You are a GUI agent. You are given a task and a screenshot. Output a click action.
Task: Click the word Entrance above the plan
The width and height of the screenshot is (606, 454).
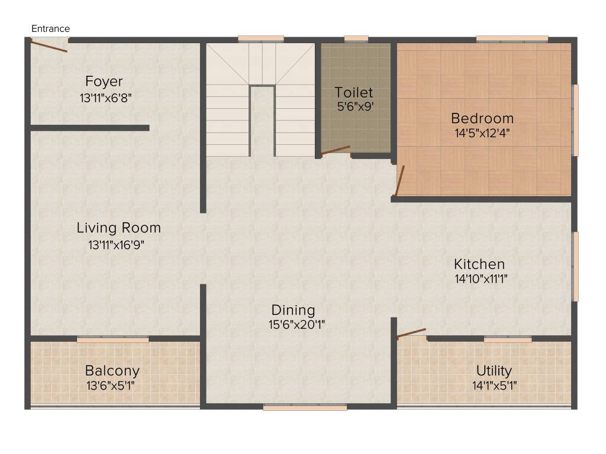(x=50, y=28)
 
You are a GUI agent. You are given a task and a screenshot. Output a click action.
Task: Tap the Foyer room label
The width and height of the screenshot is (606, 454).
(x=104, y=81)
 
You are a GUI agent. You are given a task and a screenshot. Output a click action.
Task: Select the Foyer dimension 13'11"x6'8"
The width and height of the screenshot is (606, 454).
(x=105, y=98)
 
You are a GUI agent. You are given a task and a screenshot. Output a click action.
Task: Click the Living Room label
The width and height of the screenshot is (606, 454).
(x=118, y=228)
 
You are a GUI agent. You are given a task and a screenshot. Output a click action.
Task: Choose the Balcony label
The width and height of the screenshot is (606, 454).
(x=112, y=371)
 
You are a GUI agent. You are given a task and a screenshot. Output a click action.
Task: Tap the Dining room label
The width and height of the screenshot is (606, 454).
(x=293, y=310)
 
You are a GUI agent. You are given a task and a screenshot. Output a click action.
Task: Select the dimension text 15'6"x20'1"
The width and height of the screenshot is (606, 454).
(x=297, y=325)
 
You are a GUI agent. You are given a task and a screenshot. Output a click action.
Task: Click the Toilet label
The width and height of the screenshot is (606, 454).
(x=354, y=92)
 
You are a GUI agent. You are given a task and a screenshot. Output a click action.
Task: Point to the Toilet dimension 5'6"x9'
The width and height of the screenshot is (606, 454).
(x=355, y=107)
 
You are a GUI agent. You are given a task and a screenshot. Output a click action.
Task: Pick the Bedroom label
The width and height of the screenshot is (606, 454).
(x=482, y=118)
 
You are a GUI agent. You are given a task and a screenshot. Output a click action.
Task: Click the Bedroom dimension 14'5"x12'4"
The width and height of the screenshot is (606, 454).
(x=482, y=133)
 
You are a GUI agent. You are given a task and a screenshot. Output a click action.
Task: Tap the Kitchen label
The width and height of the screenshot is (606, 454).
(x=479, y=264)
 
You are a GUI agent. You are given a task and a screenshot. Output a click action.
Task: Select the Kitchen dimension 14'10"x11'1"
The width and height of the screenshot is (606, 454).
(x=481, y=279)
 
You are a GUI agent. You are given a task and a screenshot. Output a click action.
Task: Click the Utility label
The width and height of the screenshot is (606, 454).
(x=494, y=371)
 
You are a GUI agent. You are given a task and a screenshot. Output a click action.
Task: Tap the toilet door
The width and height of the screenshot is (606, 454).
(x=336, y=150)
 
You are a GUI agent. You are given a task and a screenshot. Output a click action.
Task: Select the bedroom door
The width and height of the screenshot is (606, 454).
(x=399, y=180)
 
